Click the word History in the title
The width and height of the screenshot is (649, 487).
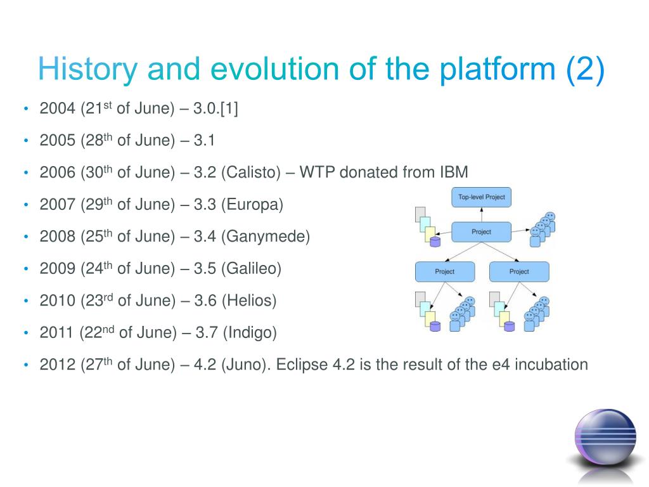click(x=87, y=69)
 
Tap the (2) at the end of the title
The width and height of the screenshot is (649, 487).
click(x=585, y=69)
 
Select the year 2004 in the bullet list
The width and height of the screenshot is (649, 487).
click(x=58, y=108)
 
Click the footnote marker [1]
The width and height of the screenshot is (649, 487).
click(x=229, y=108)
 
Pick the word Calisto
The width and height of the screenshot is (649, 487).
click(x=251, y=172)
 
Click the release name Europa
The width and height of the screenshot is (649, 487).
click(x=252, y=205)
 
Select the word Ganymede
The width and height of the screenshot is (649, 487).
click(x=266, y=237)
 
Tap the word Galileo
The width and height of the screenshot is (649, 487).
click(x=251, y=268)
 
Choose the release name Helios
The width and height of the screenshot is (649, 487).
click(x=249, y=301)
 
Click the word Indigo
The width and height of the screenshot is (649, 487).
click(x=250, y=332)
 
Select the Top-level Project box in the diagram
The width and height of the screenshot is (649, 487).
click(x=482, y=197)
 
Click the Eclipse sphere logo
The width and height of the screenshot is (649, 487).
click(x=605, y=439)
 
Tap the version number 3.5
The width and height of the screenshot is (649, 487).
click(x=205, y=268)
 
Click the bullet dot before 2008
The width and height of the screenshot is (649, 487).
click(x=26, y=237)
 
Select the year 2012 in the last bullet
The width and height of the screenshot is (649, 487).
click(x=58, y=365)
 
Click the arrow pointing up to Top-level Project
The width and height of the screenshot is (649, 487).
click(x=482, y=214)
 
